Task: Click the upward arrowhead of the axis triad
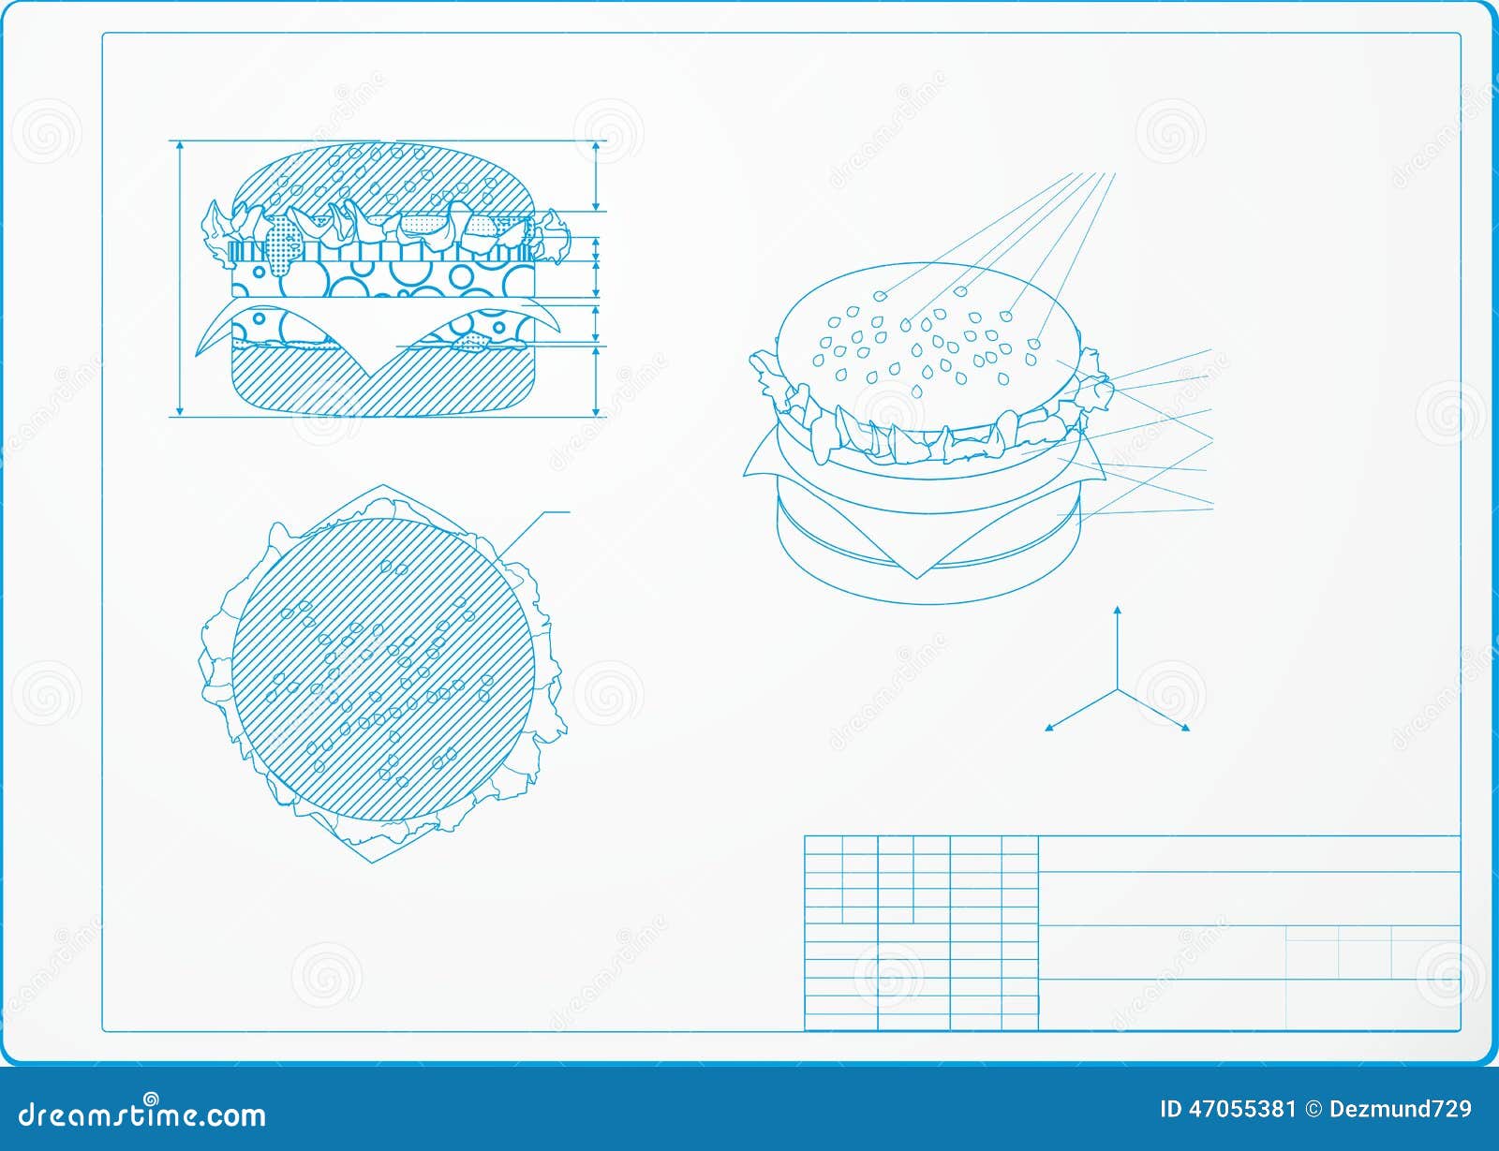[x=1117, y=612]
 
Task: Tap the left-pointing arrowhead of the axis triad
[x=1049, y=727]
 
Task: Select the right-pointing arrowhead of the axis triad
[x=1185, y=727]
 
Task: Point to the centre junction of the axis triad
[x=1117, y=689]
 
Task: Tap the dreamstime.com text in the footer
[x=142, y=1114]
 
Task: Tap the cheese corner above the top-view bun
[x=382, y=488]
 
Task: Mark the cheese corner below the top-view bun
[x=374, y=859]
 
